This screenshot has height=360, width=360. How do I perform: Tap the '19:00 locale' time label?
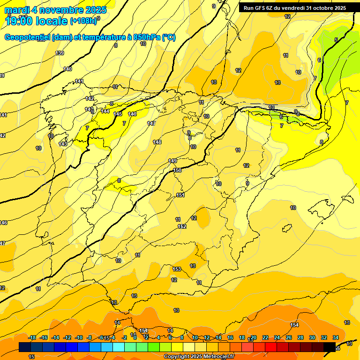pos(37,21)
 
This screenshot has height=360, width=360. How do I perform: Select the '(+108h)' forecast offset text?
pos(83,21)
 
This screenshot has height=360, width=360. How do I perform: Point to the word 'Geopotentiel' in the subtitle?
pos(28,37)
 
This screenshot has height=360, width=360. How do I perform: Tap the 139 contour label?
pos(60,53)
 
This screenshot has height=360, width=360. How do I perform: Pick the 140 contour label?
pos(67,69)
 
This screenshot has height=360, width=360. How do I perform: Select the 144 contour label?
pos(105,111)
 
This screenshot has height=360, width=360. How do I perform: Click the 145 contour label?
pos(118,114)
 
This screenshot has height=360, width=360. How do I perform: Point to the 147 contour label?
pos(151,123)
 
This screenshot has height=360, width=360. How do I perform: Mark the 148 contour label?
pos(157,142)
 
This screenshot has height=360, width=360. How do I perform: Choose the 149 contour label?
pos(172,161)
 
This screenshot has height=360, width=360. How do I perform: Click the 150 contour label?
pos(177,170)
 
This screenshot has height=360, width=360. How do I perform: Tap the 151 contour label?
pos(180,195)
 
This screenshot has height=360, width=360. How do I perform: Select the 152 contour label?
pos(182,226)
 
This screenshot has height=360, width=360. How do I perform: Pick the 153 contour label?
pos(177,269)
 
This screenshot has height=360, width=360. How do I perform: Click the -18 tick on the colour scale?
pos(32,337)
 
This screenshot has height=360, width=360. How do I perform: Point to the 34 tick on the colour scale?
pos(336,337)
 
